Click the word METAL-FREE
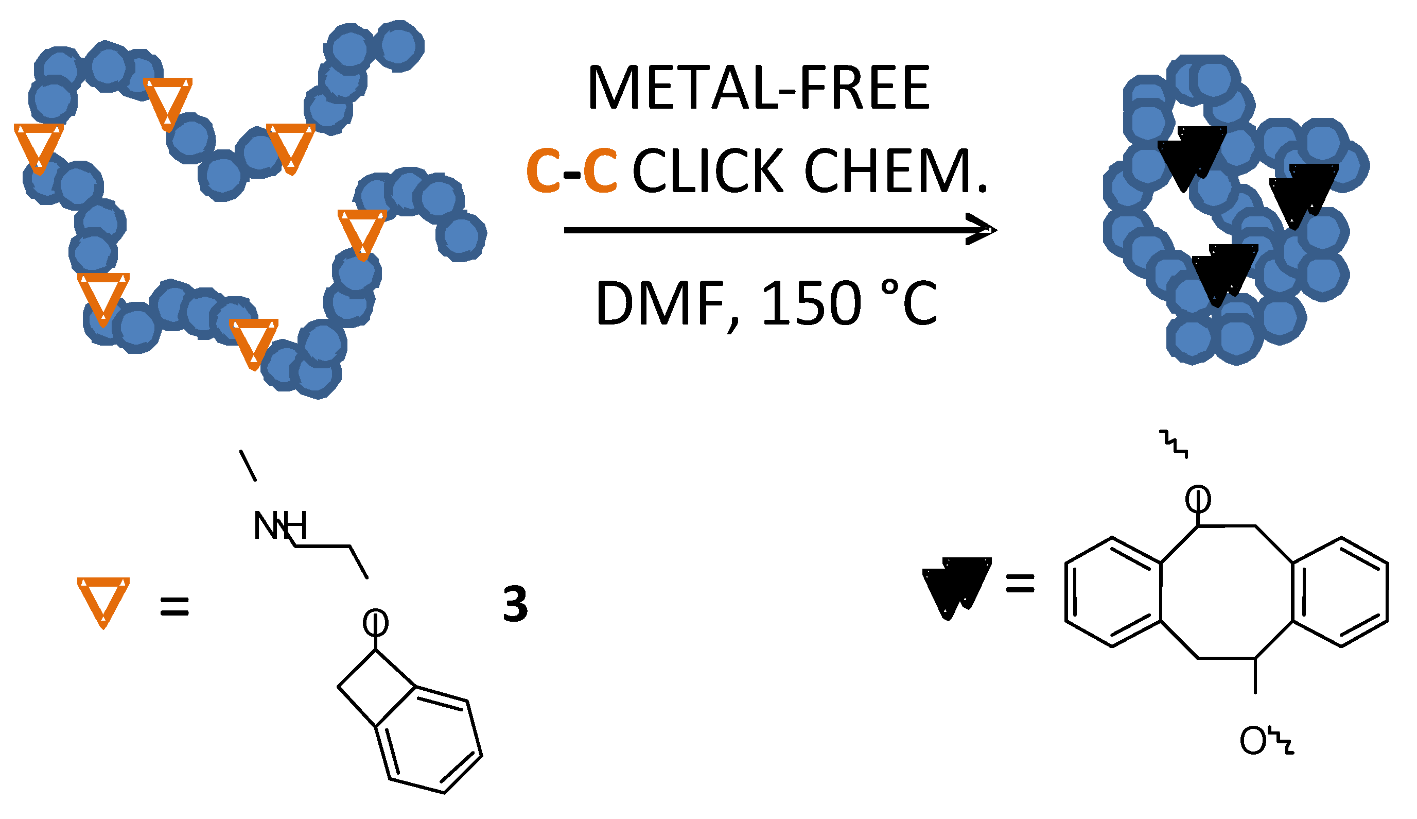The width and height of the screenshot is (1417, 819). pos(758,88)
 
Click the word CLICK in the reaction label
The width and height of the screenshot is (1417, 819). pos(708,171)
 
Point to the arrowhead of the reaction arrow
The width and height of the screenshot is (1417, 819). pos(981,230)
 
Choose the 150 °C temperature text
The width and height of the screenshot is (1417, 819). pos(849,304)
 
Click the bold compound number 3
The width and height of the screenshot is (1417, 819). pos(515,605)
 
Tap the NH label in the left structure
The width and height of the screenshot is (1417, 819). pos(280,526)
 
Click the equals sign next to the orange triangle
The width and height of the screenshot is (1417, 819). pos(174,607)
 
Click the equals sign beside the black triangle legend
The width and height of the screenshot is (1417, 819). pos(1020,583)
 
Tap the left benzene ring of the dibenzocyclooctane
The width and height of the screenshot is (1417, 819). pos(1113,592)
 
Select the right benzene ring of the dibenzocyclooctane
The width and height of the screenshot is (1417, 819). pos(1340,592)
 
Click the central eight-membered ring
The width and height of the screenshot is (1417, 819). pos(1227,592)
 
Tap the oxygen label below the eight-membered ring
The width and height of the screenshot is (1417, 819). pos(1252,741)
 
